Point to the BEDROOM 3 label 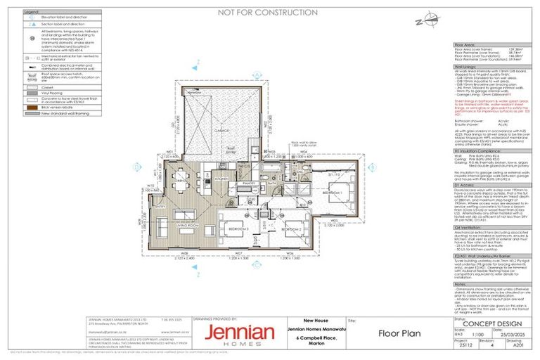click(240, 229)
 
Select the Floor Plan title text click(399, 333)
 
